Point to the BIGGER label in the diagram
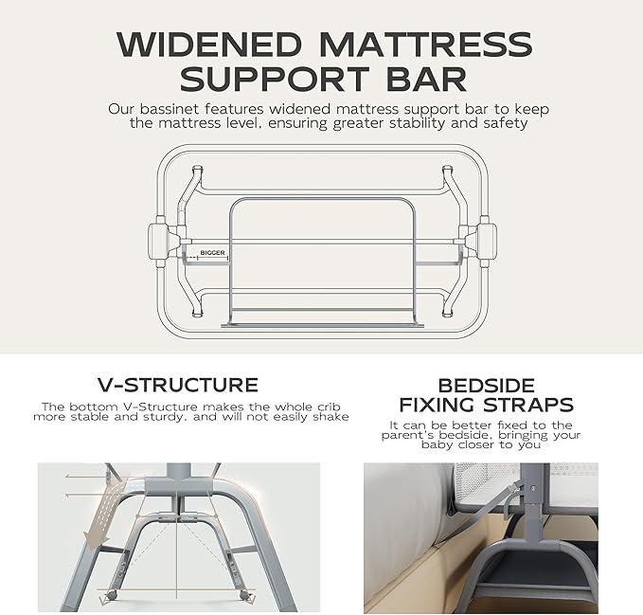coord(213,254)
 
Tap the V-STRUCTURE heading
coord(178,385)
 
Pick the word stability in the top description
coord(427,123)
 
